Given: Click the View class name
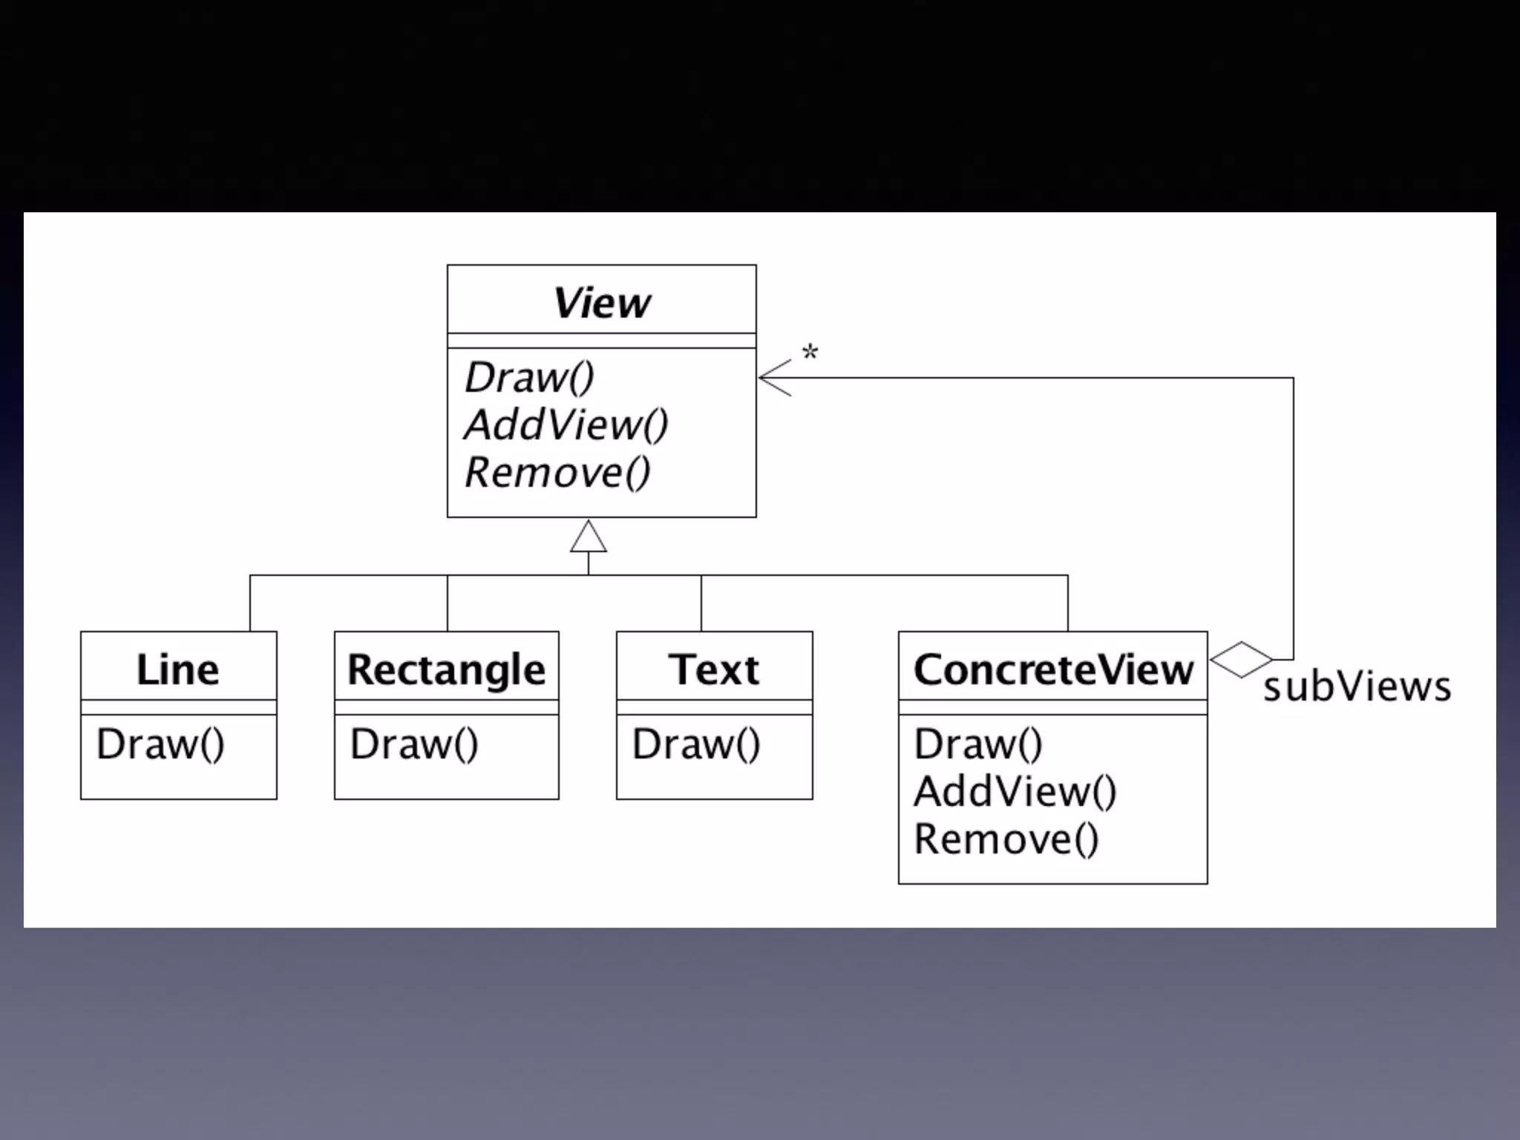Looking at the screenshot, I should click(x=602, y=303).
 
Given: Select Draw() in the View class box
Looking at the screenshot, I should click(x=529, y=378).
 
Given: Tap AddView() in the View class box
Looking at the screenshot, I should click(x=566, y=425).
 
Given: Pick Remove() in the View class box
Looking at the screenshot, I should click(x=557, y=473).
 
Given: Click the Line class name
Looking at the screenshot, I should click(x=178, y=669).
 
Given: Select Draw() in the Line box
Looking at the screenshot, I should click(x=160, y=744).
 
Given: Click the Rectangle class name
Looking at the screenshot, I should click(x=446, y=669).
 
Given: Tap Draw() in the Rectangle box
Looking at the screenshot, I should click(x=414, y=744).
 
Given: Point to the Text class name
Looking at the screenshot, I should click(x=714, y=669).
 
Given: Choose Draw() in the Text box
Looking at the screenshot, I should click(x=696, y=744).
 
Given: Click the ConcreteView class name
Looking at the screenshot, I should click(x=1053, y=669).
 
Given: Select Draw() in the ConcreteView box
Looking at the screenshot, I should click(x=978, y=744).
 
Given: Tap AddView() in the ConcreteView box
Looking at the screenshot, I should click(x=1015, y=791).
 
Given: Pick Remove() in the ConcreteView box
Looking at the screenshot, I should click(x=1006, y=839).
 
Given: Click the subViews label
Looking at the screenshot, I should click(x=1357, y=687).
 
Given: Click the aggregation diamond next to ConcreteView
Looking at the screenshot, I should click(x=1241, y=659).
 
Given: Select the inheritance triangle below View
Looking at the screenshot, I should click(x=589, y=538).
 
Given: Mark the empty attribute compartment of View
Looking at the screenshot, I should click(x=602, y=341).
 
